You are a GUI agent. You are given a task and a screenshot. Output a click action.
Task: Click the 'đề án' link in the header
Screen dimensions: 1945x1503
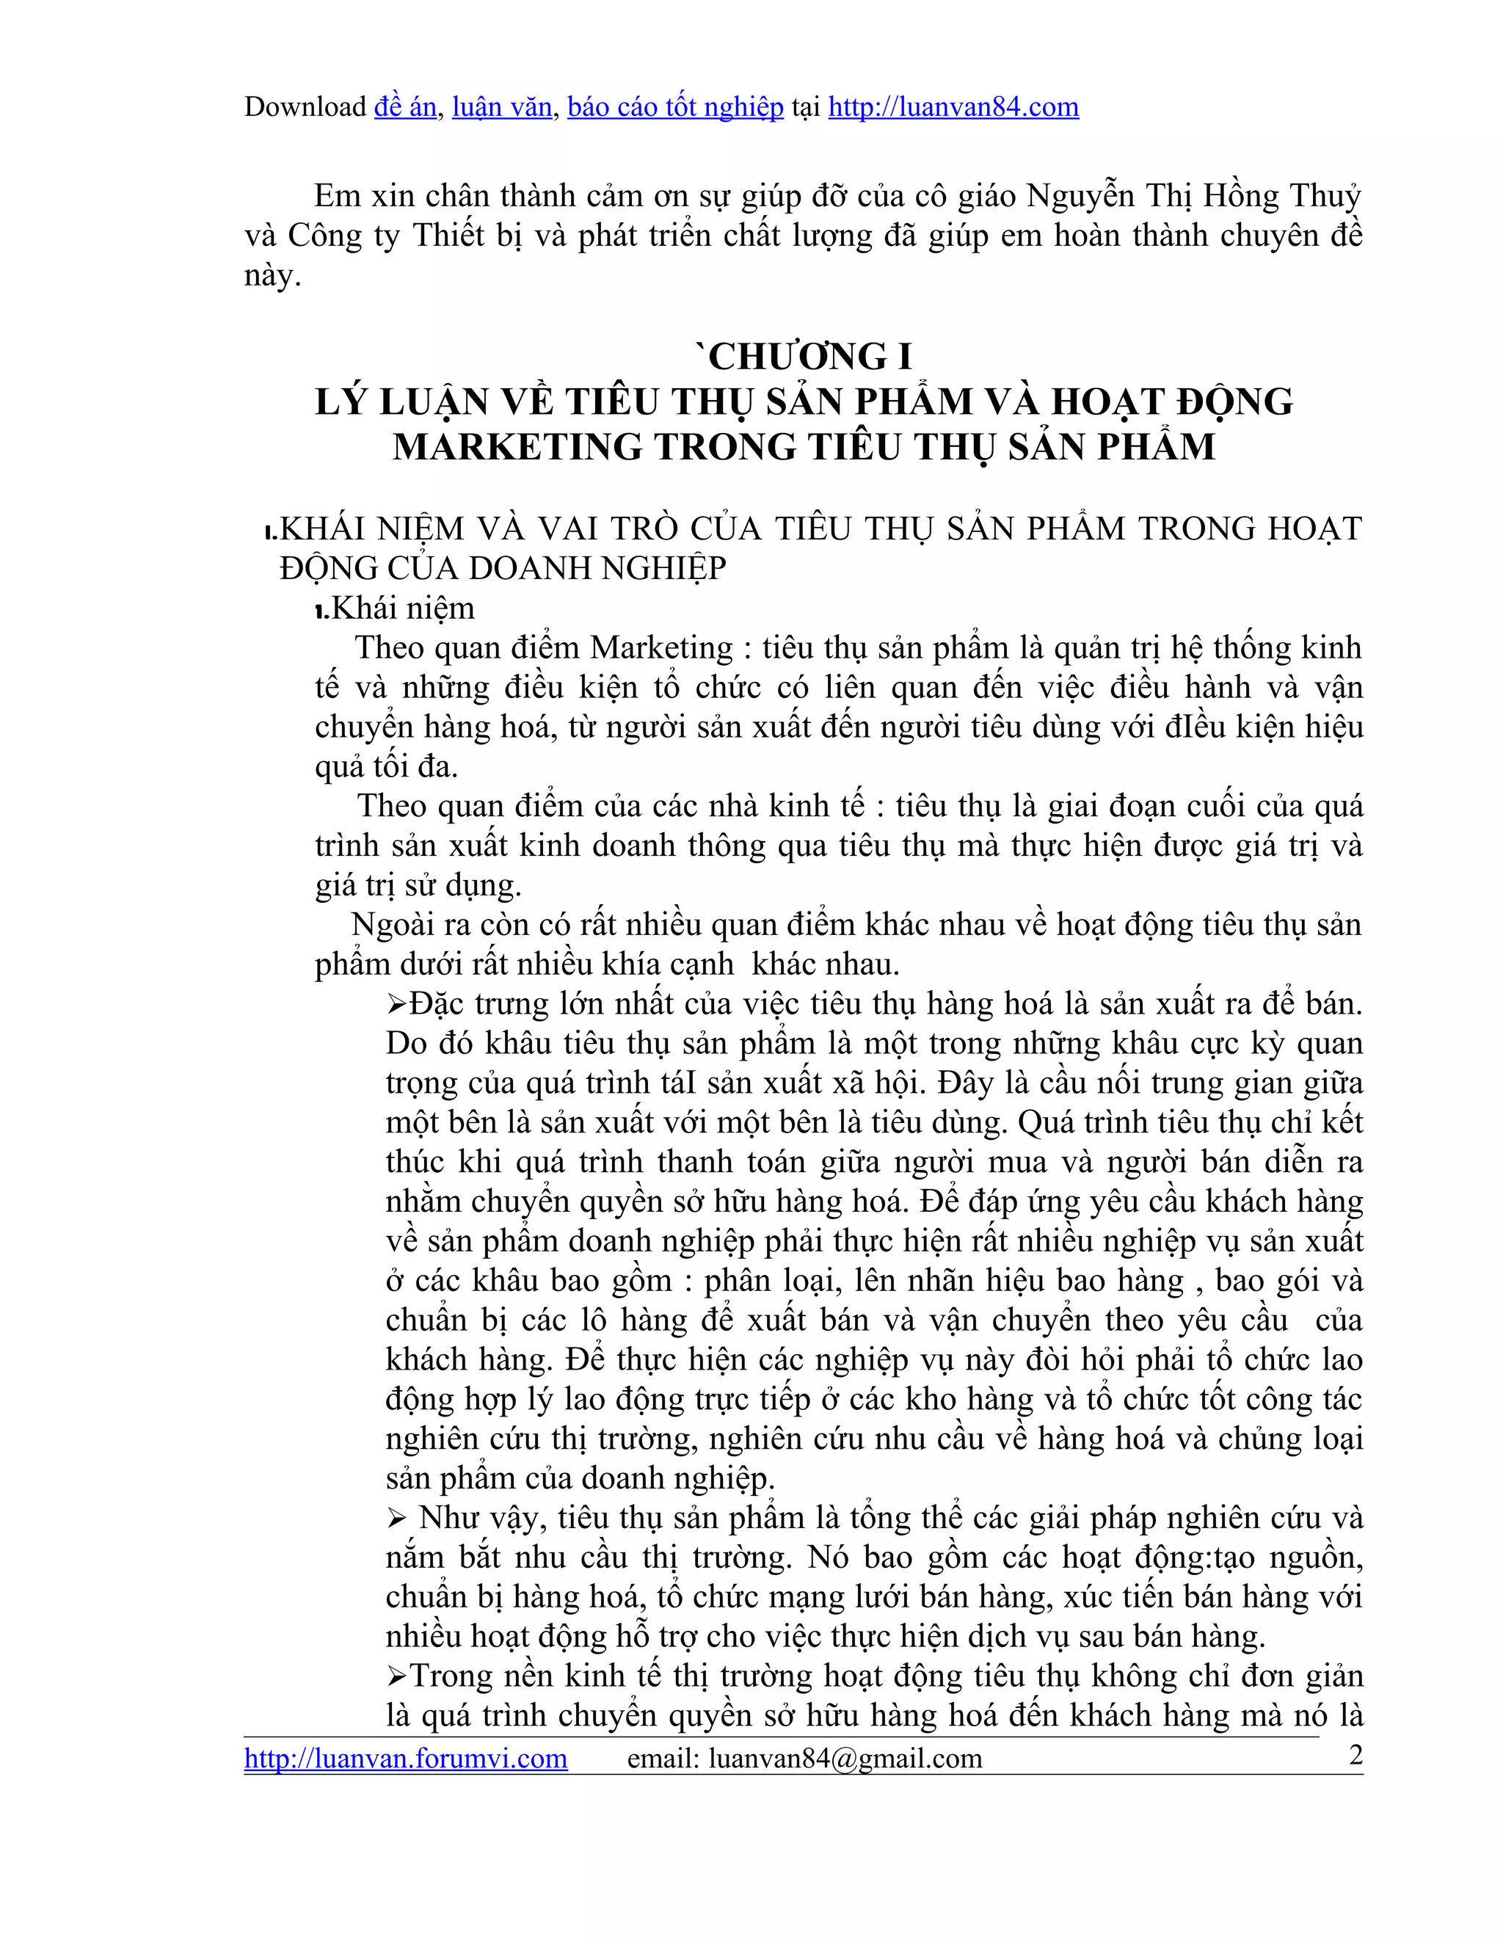tap(405, 107)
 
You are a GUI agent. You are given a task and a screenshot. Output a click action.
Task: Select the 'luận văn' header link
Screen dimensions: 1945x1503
tap(501, 107)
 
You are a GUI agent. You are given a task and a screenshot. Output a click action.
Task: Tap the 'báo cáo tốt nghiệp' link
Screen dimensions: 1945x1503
tap(675, 107)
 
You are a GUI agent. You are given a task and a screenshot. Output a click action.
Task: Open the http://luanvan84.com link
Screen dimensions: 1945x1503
tap(953, 107)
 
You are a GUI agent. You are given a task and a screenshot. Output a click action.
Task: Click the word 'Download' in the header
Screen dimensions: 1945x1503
tap(305, 107)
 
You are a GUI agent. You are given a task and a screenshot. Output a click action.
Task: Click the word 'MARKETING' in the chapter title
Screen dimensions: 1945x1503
tap(517, 446)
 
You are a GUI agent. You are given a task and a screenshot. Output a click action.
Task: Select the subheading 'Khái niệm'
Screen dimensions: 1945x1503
tap(402, 608)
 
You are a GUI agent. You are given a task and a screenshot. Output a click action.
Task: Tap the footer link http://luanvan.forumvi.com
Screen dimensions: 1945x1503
tap(405, 1757)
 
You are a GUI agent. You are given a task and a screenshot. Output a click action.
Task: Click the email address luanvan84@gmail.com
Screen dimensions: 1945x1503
tap(845, 1757)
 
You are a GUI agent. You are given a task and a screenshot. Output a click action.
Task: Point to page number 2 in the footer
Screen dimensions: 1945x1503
tap(1356, 1754)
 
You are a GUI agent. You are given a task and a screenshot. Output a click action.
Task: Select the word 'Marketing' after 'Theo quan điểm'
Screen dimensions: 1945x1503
tap(660, 647)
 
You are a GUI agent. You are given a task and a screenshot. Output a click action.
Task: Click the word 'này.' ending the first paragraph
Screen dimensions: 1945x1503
tap(272, 276)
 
